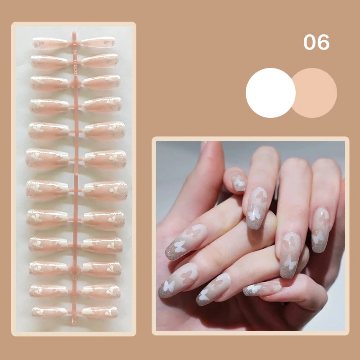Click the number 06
click(x=316, y=42)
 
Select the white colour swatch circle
click(x=270, y=93)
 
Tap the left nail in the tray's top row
click(x=50, y=43)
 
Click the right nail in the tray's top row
click(x=98, y=42)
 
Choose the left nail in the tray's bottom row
click(x=49, y=311)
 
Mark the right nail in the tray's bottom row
click(x=100, y=312)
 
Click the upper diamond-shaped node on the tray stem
click(x=75, y=84)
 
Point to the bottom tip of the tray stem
click(x=74, y=324)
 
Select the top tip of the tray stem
click(x=74, y=32)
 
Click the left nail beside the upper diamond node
click(x=49, y=84)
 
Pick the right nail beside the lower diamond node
click(x=102, y=269)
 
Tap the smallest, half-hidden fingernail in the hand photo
click(x=239, y=183)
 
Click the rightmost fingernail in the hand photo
click(x=320, y=230)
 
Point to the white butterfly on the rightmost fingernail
click(x=318, y=237)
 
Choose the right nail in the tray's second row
click(x=100, y=60)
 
